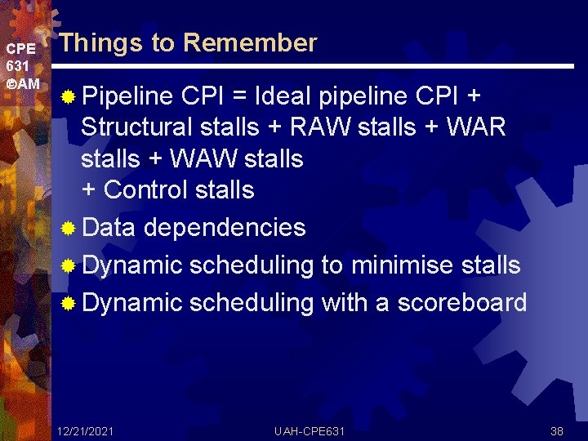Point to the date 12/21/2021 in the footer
86,430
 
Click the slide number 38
557,430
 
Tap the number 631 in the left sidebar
19,66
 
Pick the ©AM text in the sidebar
22,84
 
